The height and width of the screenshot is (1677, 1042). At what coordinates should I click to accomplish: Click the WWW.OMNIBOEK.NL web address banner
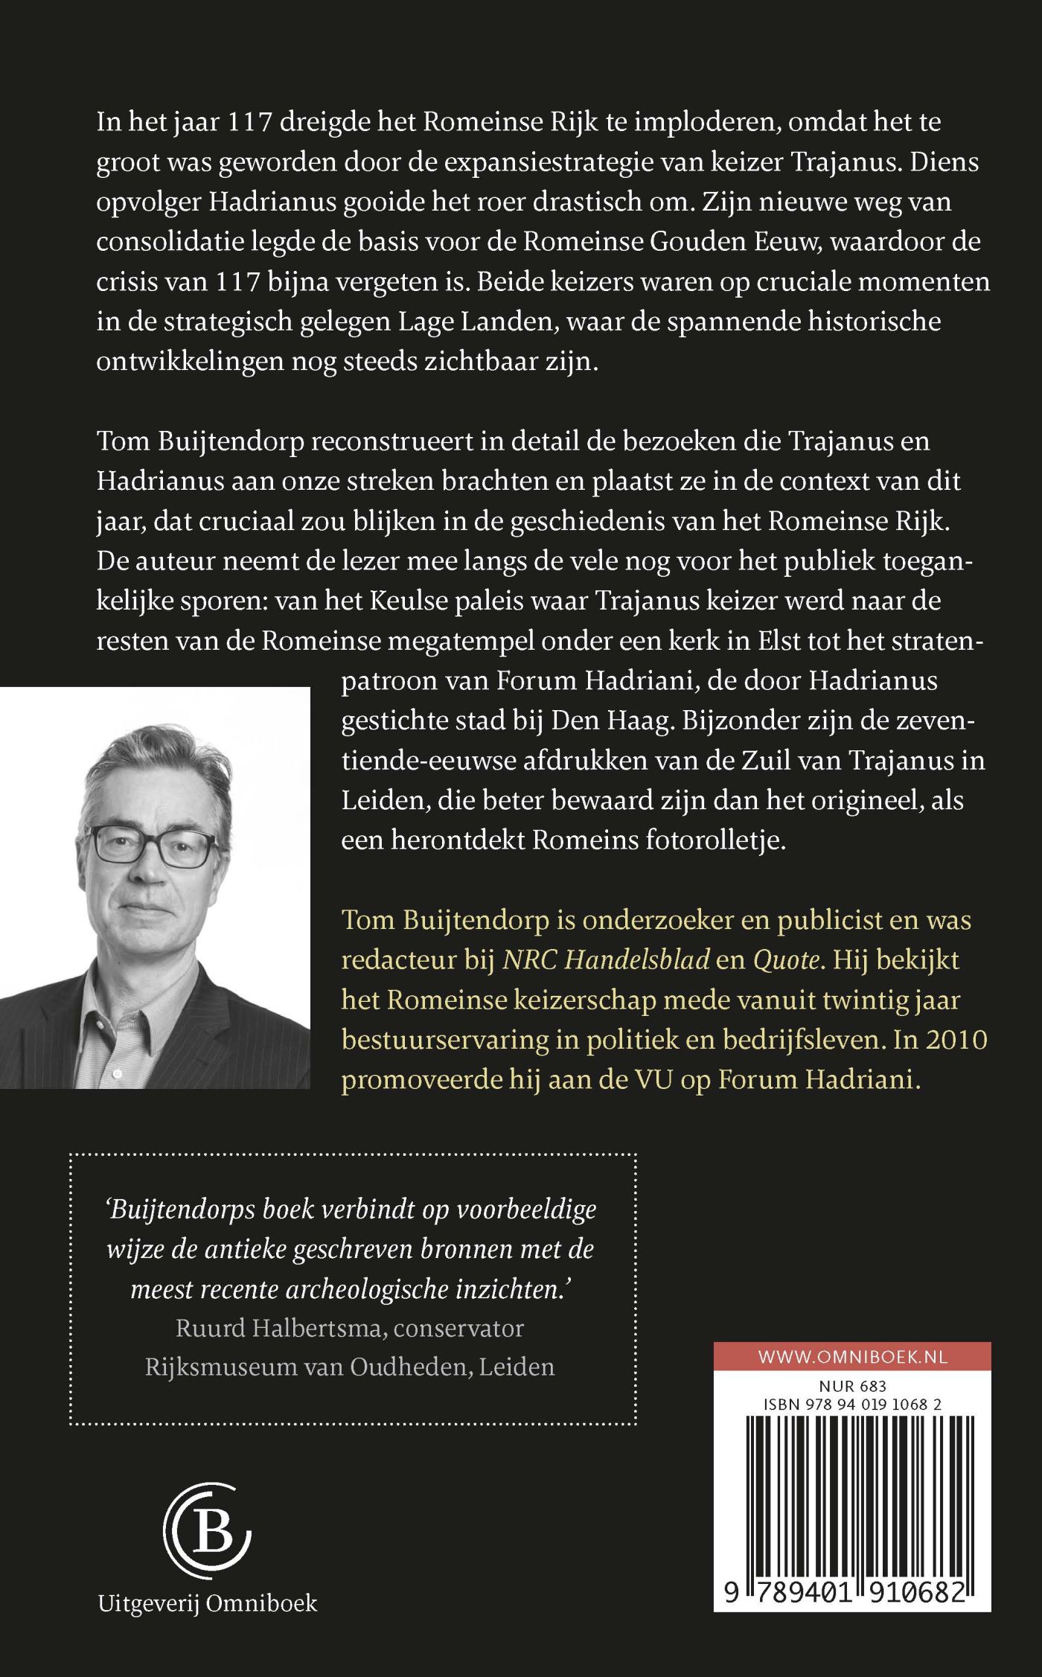tap(852, 1356)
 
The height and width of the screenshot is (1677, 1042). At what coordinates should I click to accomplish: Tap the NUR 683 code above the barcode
tap(852, 1386)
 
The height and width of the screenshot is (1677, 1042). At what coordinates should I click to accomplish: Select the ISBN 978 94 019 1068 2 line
tap(852, 1405)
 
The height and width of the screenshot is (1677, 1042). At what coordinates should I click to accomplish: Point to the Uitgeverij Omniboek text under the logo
tap(208, 1603)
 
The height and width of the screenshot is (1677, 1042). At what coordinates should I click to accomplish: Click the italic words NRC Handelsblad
tap(606, 960)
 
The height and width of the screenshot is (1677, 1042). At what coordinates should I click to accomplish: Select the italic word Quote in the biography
tap(786, 960)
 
